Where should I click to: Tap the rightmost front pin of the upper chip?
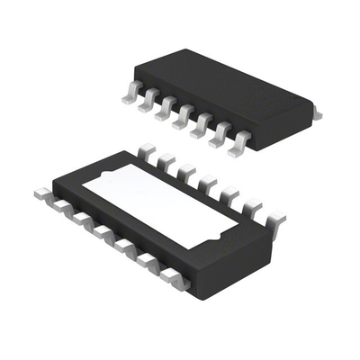click(239, 144)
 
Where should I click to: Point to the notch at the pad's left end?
click(93, 178)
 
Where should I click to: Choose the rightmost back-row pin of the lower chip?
click(275, 219)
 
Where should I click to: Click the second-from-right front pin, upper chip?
click(220, 135)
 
